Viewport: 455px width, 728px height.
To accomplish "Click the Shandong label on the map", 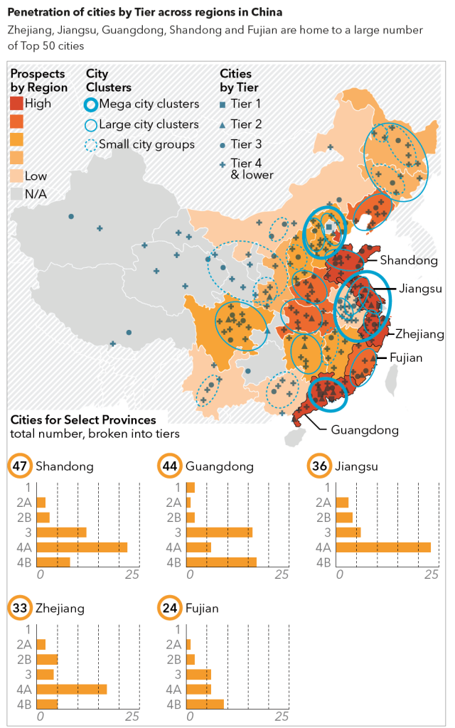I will [x=409, y=260].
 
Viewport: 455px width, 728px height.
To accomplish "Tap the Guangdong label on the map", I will [x=365, y=429].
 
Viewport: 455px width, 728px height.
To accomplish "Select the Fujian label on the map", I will [x=405, y=358].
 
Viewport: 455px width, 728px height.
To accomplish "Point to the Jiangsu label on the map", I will [x=421, y=289].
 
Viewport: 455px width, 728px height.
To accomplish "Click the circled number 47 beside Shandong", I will [x=19, y=466].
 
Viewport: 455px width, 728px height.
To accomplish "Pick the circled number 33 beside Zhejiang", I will [x=19, y=609].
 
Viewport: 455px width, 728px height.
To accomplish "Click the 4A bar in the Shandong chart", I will [x=81, y=547].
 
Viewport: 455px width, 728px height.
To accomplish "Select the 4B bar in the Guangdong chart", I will [x=221, y=562].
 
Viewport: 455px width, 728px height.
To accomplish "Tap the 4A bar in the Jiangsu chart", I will [x=383, y=547].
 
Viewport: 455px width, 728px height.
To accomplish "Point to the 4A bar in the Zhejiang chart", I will [x=71, y=690].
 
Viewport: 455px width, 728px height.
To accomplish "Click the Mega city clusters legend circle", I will [x=90, y=105].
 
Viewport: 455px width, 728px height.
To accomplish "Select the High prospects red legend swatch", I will [x=16, y=104].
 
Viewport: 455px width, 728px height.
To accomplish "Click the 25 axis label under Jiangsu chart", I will [x=431, y=574].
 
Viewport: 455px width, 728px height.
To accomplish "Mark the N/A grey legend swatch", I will [x=16, y=193].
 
